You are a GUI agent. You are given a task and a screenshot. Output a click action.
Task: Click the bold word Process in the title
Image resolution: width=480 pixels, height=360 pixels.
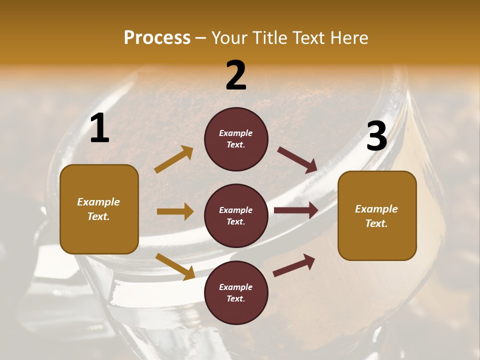(157, 37)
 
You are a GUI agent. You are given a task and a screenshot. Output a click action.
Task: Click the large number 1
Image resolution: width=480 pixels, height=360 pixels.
(99, 128)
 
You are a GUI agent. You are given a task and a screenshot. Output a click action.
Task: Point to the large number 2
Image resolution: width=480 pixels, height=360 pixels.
(236, 76)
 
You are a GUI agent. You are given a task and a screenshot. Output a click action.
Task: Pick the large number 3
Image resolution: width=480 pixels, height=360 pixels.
(376, 136)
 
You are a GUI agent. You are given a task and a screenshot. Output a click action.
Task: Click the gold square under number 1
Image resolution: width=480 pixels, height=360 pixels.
(99, 209)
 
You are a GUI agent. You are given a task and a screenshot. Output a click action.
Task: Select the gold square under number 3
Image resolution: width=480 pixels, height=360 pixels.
(377, 216)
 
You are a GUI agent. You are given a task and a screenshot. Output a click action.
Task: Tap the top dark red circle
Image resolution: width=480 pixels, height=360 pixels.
(236, 139)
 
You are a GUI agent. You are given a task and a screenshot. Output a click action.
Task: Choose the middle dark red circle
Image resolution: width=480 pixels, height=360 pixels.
(236, 216)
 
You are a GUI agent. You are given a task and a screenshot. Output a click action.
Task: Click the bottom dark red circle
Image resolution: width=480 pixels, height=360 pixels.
(236, 293)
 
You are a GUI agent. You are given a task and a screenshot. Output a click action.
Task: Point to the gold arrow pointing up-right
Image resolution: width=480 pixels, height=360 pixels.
(174, 159)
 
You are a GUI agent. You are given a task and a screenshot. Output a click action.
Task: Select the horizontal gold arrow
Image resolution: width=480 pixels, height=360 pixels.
(175, 211)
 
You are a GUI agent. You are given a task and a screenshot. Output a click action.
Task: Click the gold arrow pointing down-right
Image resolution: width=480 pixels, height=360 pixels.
(175, 266)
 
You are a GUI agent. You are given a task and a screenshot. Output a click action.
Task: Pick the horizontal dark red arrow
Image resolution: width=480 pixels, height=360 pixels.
(296, 210)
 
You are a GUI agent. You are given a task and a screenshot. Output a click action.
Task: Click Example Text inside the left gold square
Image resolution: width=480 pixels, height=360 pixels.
(98, 209)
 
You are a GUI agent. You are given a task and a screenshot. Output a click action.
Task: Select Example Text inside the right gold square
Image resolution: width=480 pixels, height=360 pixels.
(376, 216)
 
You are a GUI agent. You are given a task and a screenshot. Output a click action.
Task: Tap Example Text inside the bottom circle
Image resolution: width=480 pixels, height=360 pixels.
(236, 293)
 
